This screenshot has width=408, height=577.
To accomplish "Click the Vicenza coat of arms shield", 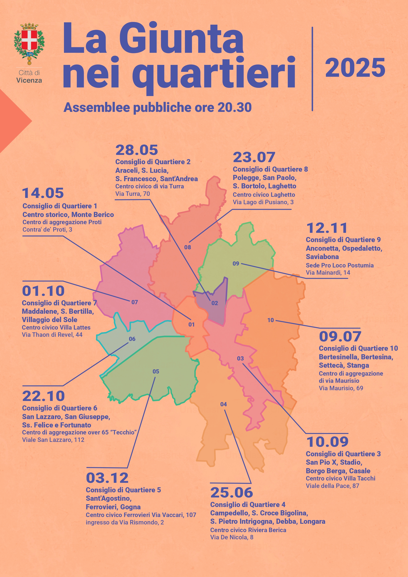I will point(29,40).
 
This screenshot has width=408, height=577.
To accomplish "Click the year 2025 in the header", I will point(355,68).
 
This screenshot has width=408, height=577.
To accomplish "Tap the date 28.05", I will point(137,150).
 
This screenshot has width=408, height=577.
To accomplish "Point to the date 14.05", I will point(43,193).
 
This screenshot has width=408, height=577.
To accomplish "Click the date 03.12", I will point(107,478).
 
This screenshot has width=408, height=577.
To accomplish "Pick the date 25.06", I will point(231,492).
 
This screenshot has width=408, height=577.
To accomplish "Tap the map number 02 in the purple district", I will point(214,303).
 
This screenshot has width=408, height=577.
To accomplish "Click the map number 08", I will point(187,247).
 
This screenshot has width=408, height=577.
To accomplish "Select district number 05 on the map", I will point(156,371).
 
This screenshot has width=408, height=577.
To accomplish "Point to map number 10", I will point(270,320).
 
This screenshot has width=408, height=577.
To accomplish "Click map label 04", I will point(223,404).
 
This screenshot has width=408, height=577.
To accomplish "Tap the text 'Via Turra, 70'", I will point(133,194).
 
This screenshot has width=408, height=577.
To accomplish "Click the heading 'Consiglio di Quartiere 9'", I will point(343,240).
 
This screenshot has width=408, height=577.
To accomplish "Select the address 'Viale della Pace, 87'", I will point(332,486).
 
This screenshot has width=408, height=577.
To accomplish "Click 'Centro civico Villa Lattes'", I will point(56,327).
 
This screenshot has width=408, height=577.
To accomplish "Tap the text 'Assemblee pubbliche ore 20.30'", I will point(157,107).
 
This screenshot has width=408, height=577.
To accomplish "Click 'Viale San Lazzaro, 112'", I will point(53,440).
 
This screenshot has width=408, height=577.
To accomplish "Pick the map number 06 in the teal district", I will point(132,339).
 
